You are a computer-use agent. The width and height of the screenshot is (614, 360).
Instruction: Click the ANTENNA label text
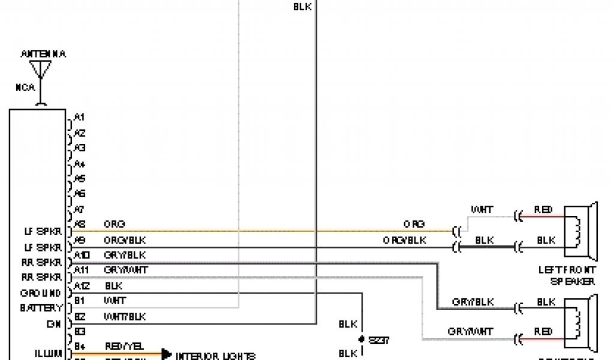pos(43,54)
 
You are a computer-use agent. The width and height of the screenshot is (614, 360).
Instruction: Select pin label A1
pos(79,117)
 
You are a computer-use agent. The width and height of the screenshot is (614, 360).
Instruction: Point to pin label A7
pos(79,209)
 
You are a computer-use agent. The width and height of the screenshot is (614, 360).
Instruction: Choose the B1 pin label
pos(80,301)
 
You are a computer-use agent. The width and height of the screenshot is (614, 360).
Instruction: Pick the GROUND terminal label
pos(41,293)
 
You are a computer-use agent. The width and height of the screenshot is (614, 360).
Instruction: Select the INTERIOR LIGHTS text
pos(216,356)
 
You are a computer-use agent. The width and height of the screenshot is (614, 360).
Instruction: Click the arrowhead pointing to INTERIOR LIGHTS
pos(166,355)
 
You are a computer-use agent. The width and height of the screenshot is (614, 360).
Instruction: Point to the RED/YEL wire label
pos(125,347)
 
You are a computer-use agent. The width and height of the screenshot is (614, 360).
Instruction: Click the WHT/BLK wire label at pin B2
pos(125,316)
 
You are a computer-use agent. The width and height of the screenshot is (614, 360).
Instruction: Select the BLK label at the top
pos(302,7)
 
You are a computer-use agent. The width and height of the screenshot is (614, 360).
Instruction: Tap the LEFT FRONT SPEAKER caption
pos(567,275)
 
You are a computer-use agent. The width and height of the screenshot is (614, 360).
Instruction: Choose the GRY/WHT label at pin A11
pos(125,271)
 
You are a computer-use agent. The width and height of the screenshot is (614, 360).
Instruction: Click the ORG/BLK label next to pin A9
pos(125,240)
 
